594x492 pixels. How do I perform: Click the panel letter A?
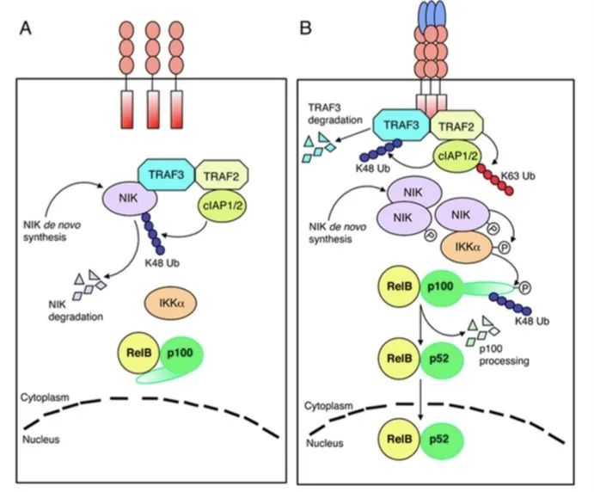click(x=27, y=28)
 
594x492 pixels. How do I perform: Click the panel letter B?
click(x=305, y=28)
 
